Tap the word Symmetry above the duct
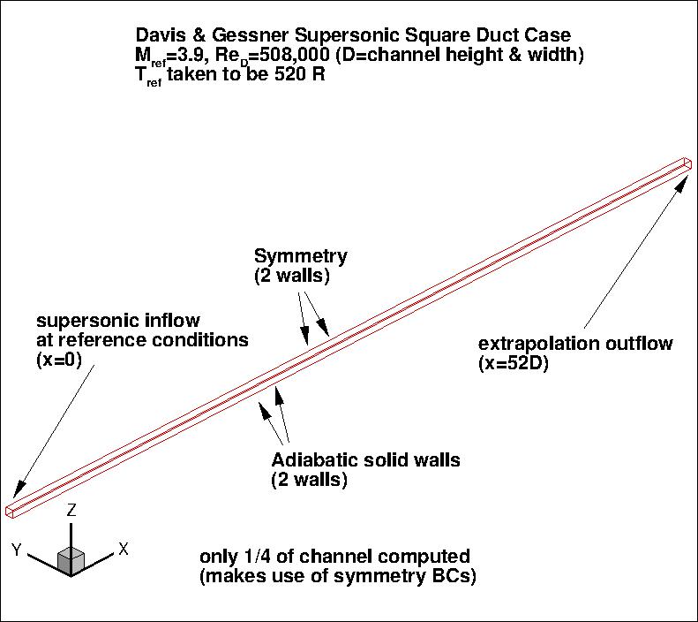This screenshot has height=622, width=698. click(300, 257)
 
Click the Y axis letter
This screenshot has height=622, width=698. click(17, 550)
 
